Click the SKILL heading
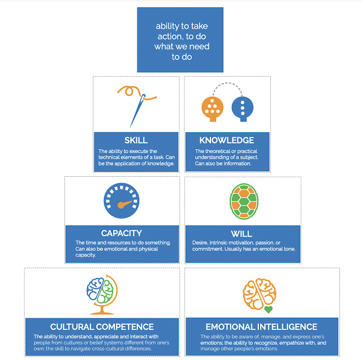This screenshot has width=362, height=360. coord(136,140)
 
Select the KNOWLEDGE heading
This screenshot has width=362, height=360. coord(227,140)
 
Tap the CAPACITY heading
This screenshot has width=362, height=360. coord(122,233)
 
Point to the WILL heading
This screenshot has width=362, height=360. coord(242,233)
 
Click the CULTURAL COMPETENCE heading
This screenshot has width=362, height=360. coord(102,327)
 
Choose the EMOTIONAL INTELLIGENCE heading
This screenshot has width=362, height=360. coord(261,327)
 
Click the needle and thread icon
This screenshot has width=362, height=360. coord(135,105)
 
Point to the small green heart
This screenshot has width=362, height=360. coord(269,310)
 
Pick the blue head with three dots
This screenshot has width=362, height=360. coord(243,107)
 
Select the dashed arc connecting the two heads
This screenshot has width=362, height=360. coord(228,86)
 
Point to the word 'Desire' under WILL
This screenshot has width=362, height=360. coord(202,243)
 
